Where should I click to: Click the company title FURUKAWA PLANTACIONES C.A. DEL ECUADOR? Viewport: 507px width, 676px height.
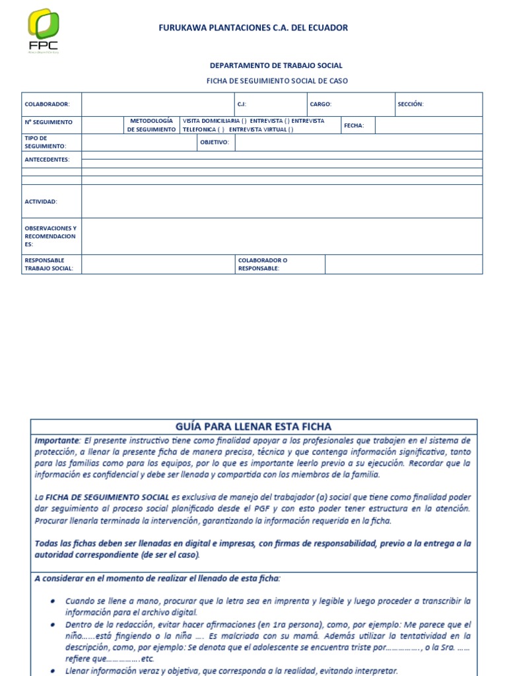tap(253, 28)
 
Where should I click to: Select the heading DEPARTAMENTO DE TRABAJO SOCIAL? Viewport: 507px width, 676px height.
tap(276, 65)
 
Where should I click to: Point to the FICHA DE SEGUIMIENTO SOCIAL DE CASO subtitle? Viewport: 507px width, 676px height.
tap(277, 81)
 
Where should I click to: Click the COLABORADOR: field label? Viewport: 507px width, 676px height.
tap(43, 104)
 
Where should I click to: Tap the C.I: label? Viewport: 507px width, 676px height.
tap(242, 104)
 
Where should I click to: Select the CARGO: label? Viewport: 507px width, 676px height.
tap(321, 104)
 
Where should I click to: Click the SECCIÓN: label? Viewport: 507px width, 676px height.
tap(410, 104)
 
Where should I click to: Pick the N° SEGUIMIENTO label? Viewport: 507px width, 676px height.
tap(49, 122)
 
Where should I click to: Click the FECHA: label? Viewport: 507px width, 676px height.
tap(354, 125)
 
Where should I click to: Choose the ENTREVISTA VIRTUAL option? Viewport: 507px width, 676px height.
tap(261, 129)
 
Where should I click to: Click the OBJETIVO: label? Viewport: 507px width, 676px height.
tap(214, 142)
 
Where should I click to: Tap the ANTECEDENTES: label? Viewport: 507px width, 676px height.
tap(47, 159)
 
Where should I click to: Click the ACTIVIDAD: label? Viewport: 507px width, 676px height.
tap(41, 201)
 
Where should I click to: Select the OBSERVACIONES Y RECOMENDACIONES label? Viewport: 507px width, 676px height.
tap(50, 236)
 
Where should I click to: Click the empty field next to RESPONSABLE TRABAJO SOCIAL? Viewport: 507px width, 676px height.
tap(158, 264)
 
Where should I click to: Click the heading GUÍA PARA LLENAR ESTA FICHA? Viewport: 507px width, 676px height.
tap(253, 426)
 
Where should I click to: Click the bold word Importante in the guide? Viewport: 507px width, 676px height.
tap(56, 440)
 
